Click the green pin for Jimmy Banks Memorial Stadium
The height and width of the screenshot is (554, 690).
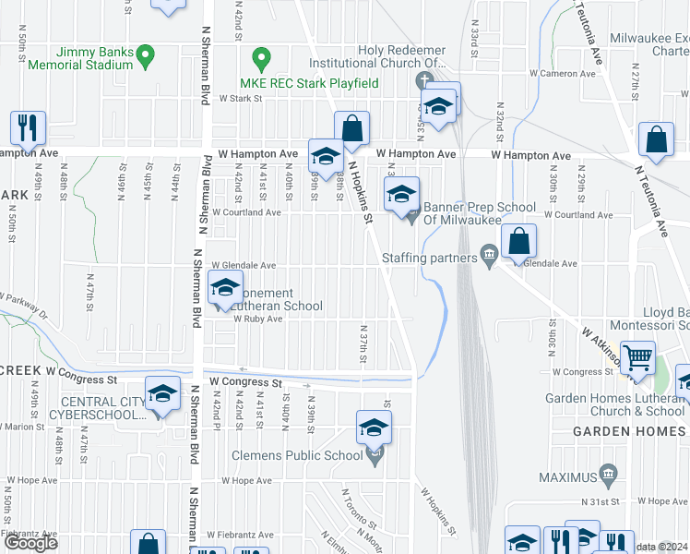tap(145, 57)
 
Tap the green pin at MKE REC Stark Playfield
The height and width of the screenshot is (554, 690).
tap(262, 62)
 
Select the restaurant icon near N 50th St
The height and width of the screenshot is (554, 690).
tap(27, 127)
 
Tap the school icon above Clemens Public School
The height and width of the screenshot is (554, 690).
tap(374, 428)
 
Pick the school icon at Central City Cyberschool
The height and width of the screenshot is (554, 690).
tap(162, 395)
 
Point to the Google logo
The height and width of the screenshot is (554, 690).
tap(31, 543)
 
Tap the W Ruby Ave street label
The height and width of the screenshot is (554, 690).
tap(257, 319)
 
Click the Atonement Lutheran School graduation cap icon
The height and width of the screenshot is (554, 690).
tap(225, 287)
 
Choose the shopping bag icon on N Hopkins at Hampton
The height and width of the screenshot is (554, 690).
tap(351, 127)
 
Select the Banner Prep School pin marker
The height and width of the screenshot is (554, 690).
tap(412, 216)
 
